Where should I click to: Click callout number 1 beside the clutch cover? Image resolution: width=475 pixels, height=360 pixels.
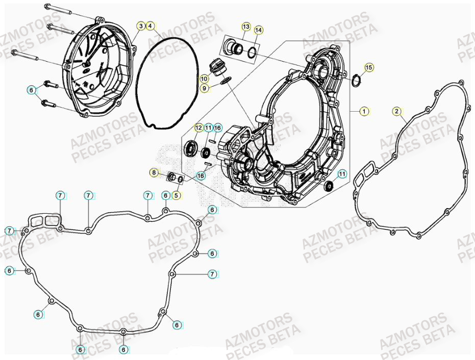(x=364, y=111)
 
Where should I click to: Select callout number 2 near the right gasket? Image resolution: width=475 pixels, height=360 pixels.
(x=397, y=111)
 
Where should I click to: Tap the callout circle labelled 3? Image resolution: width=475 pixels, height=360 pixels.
(x=141, y=25)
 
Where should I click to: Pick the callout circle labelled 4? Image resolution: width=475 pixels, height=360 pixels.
(x=150, y=25)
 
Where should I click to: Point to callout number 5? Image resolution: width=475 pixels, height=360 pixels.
(x=176, y=194)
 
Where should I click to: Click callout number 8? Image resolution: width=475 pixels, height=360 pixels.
(x=154, y=173)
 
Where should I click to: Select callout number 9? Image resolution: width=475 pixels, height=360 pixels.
(x=204, y=88)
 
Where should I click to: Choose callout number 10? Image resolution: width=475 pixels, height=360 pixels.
(x=204, y=79)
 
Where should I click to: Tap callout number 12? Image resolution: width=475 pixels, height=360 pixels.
(x=198, y=127)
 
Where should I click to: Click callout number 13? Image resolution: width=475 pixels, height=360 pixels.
(x=246, y=26)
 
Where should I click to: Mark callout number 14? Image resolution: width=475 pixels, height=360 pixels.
(x=258, y=30)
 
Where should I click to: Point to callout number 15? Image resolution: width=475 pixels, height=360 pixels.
(x=368, y=67)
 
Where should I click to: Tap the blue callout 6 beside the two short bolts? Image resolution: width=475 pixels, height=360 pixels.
(x=32, y=90)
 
